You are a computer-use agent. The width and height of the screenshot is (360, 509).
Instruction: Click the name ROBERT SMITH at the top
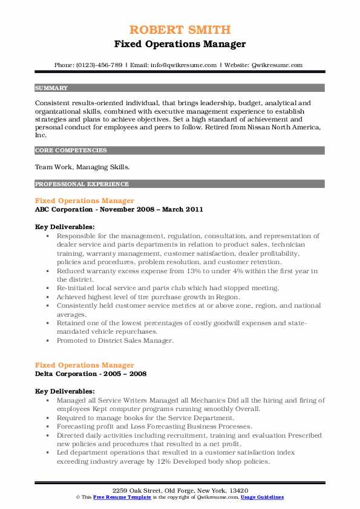pyautogui.click(x=180, y=30)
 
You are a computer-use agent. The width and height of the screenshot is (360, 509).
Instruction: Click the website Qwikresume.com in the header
pyautogui.click(x=277, y=65)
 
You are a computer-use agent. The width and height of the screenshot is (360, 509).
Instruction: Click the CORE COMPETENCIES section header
pyautogui.click(x=71, y=150)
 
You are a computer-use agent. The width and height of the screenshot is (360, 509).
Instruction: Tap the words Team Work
pyautogui.click(x=51, y=167)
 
